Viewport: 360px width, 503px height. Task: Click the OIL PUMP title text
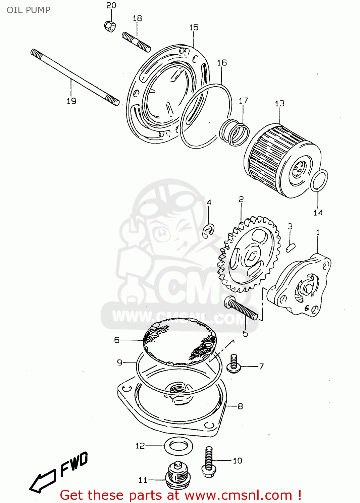[29, 10]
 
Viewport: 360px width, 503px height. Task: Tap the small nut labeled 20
[110, 26]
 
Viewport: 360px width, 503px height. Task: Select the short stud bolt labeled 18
[136, 42]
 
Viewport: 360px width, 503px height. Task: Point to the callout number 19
[71, 101]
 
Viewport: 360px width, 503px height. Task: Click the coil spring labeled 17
[235, 132]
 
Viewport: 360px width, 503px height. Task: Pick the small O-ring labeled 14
[319, 180]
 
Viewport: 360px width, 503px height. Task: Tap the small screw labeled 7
[234, 364]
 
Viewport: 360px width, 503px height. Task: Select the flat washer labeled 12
[178, 446]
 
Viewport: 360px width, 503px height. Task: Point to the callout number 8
[240, 406]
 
